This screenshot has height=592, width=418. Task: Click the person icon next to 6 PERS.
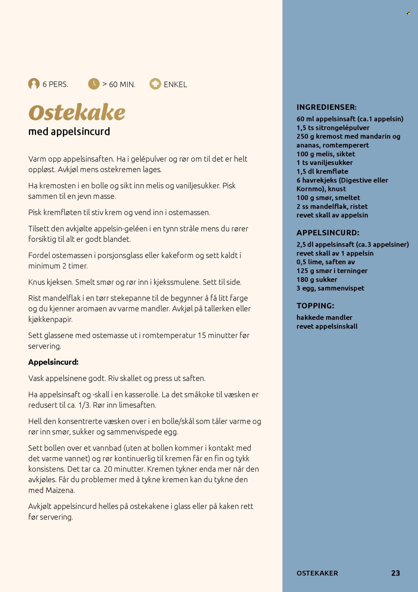pyautogui.click(x=34, y=84)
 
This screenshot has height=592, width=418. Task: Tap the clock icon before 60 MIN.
pyautogui.click(x=94, y=84)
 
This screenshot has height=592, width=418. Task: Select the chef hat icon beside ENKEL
pyautogui.click(x=155, y=84)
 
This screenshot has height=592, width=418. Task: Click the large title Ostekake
pyautogui.click(x=77, y=113)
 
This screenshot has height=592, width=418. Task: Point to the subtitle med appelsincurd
pyautogui.click(x=69, y=132)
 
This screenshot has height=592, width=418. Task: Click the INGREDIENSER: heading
pyautogui.click(x=326, y=107)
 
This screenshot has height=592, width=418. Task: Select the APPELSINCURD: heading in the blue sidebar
pyautogui.click(x=328, y=233)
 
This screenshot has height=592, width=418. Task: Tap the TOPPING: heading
pyautogui.click(x=315, y=306)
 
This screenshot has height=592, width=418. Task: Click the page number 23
pyautogui.click(x=396, y=573)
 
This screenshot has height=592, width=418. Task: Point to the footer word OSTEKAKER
pyautogui.click(x=317, y=573)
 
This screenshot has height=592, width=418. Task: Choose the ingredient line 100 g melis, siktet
pyautogui.click(x=325, y=154)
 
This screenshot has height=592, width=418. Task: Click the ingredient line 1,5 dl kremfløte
pyautogui.click(x=322, y=172)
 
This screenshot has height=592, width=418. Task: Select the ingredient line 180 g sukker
pyautogui.click(x=317, y=279)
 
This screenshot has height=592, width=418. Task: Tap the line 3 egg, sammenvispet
pyautogui.click(x=330, y=288)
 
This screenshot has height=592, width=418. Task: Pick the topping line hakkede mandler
pyautogui.click(x=324, y=318)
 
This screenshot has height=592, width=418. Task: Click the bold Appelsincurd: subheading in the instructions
pyautogui.click(x=54, y=362)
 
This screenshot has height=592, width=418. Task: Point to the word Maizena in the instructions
pyautogui.click(x=60, y=490)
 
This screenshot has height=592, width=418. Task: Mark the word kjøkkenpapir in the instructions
pyautogui.click(x=50, y=320)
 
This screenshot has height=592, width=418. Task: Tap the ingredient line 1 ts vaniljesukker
pyautogui.click(x=324, y=163)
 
